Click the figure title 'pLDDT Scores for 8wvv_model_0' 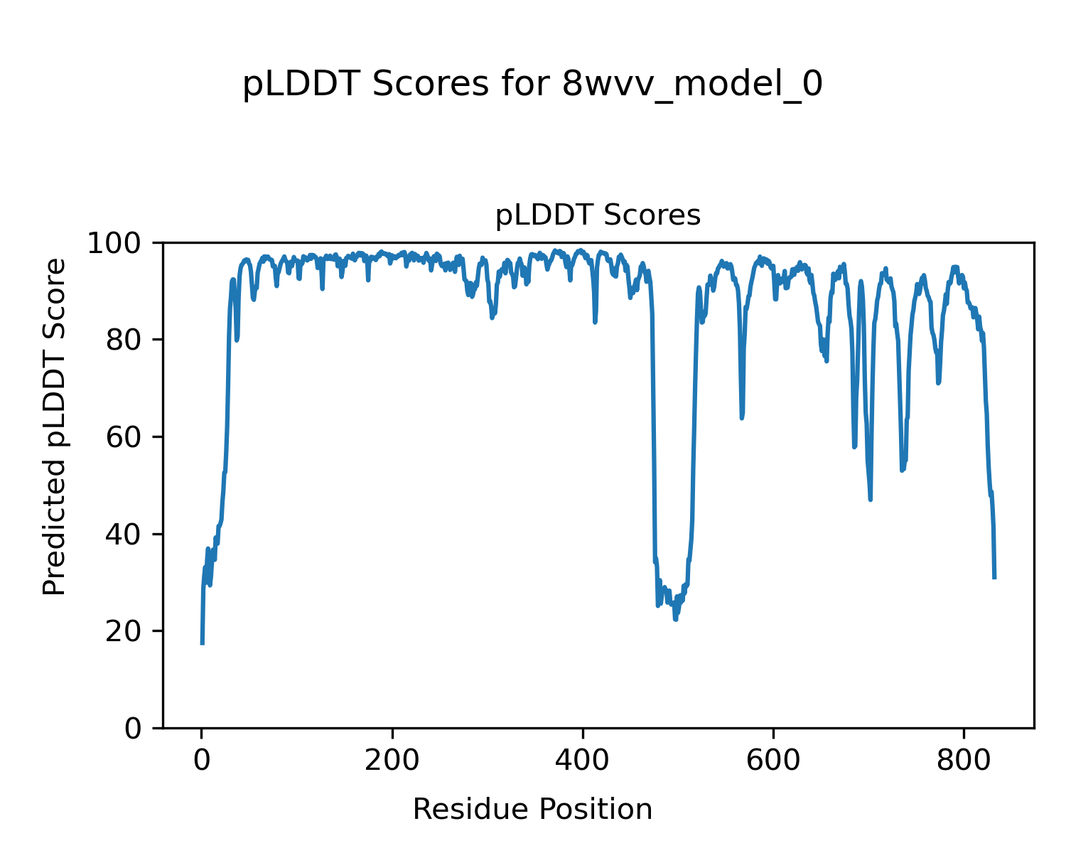532,85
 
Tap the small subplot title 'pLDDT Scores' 598,215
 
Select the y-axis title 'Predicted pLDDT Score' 55,426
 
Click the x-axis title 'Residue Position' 532,810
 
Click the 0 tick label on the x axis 202,761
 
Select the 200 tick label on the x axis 392,761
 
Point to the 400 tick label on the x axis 583,761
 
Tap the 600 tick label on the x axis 773,761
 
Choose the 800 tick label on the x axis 964,761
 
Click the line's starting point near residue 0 203,644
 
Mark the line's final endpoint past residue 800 994,578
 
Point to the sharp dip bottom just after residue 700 870,500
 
